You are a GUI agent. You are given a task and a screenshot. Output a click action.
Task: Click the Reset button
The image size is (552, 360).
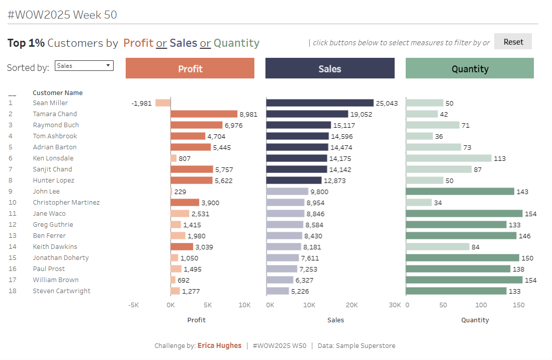(513, 42)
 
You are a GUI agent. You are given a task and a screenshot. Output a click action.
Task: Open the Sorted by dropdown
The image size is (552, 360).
(84, 65)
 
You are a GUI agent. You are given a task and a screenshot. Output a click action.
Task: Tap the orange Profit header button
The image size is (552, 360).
(190, 68)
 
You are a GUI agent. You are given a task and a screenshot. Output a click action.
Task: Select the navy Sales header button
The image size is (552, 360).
(330, 68)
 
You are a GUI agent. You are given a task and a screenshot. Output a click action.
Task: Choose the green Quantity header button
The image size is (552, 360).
(470, 68)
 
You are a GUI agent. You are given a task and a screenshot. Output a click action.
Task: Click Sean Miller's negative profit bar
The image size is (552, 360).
(163, 103)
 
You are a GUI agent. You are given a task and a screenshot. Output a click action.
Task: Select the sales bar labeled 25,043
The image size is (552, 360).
(320, 103)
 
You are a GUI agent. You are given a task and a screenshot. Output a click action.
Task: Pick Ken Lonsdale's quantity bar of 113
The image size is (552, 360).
(448, 158)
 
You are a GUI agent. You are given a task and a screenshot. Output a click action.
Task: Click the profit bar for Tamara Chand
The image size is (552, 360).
(204, 114)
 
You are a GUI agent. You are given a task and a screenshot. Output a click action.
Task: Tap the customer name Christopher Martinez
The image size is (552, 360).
(66, 203)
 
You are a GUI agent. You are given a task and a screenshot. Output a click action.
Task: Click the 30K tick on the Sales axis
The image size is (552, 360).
(395, 305)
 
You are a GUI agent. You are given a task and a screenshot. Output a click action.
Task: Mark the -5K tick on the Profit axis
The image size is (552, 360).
(133, 305)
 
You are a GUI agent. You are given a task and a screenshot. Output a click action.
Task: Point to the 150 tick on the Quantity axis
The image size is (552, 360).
(519, 305)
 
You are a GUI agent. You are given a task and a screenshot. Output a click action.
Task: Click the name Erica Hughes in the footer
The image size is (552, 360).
(219, 346)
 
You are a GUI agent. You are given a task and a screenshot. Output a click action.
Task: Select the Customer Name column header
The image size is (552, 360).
(58, 93)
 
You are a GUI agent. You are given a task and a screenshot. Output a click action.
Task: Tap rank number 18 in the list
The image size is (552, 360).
(13, 291)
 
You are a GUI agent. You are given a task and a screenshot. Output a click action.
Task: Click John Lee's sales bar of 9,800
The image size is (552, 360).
(287, 192)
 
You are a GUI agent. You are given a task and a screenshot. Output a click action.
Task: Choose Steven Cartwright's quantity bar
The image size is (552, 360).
(456, 291)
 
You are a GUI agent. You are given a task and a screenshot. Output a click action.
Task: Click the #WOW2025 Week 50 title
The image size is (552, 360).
(62, 15)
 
